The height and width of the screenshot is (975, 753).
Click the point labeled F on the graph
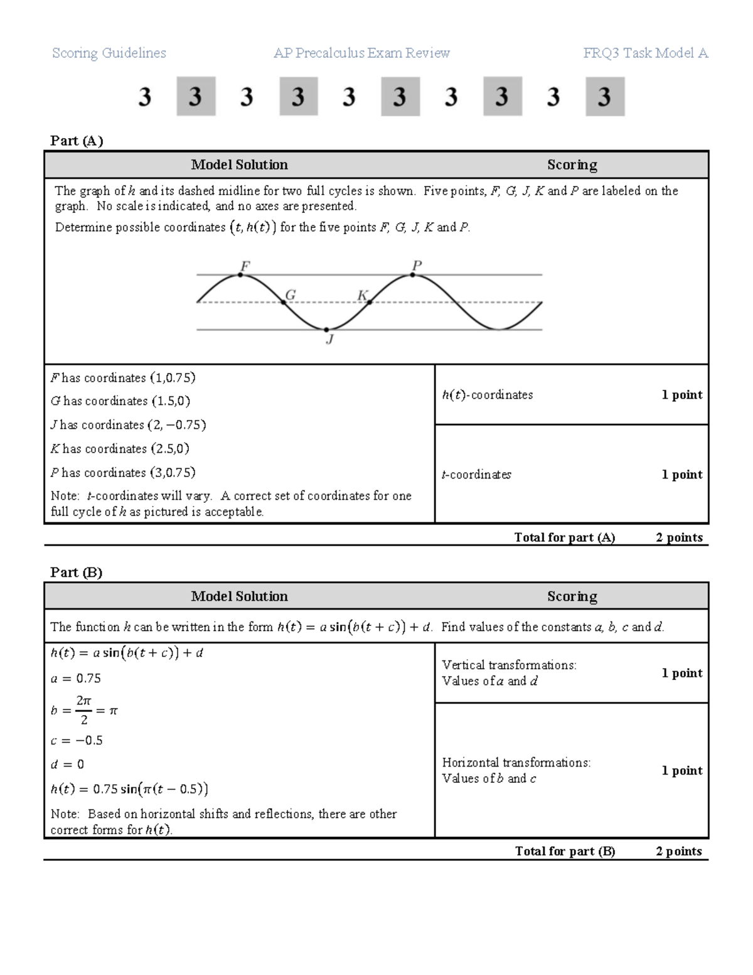pyautogui.click(x=241, y=274)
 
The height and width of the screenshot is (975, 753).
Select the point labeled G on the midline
pyautogui.click(x=284, y=302)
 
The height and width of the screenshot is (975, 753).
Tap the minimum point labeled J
pyautogui.click(x=327, y=329)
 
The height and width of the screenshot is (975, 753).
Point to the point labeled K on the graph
pyautogui.click(x=370, y=302)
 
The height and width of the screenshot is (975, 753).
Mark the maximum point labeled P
pyautogui.click(x=413, y=274)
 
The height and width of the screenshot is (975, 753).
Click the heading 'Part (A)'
pyautogui.click(x=77, y=141)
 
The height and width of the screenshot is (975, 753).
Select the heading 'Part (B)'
pyautogui.click(x=76, y=572)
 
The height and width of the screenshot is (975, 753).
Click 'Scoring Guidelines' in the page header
pyautogui.click(x=109, y=53)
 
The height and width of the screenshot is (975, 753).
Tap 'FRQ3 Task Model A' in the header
pyautogui.click(x=645, y=53)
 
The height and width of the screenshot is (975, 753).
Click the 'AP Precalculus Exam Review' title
pyautogui.click(x=361, y=53)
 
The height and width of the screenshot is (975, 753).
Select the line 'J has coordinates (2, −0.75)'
pyautogui.click(x=129, y=425)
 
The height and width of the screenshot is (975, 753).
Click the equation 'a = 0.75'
pyautogui.click(x=75, y=679)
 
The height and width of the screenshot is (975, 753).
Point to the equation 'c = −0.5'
pyautogui.click(x=77, y=741)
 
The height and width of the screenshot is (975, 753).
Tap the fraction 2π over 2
pyautogui.click(x=83, y=710)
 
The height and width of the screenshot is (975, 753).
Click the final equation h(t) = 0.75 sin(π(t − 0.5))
pyautogui.click(x=129, y=789)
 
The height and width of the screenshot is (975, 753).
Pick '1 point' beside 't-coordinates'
pyautogui.click(x=681, y=475)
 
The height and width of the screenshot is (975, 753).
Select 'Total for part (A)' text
pyautogui.click(x=564, y=537)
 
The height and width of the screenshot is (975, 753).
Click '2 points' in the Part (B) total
pyautogui.click(x=679, y=851)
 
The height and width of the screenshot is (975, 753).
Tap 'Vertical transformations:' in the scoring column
pyautogui.click(x=509, y=665)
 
